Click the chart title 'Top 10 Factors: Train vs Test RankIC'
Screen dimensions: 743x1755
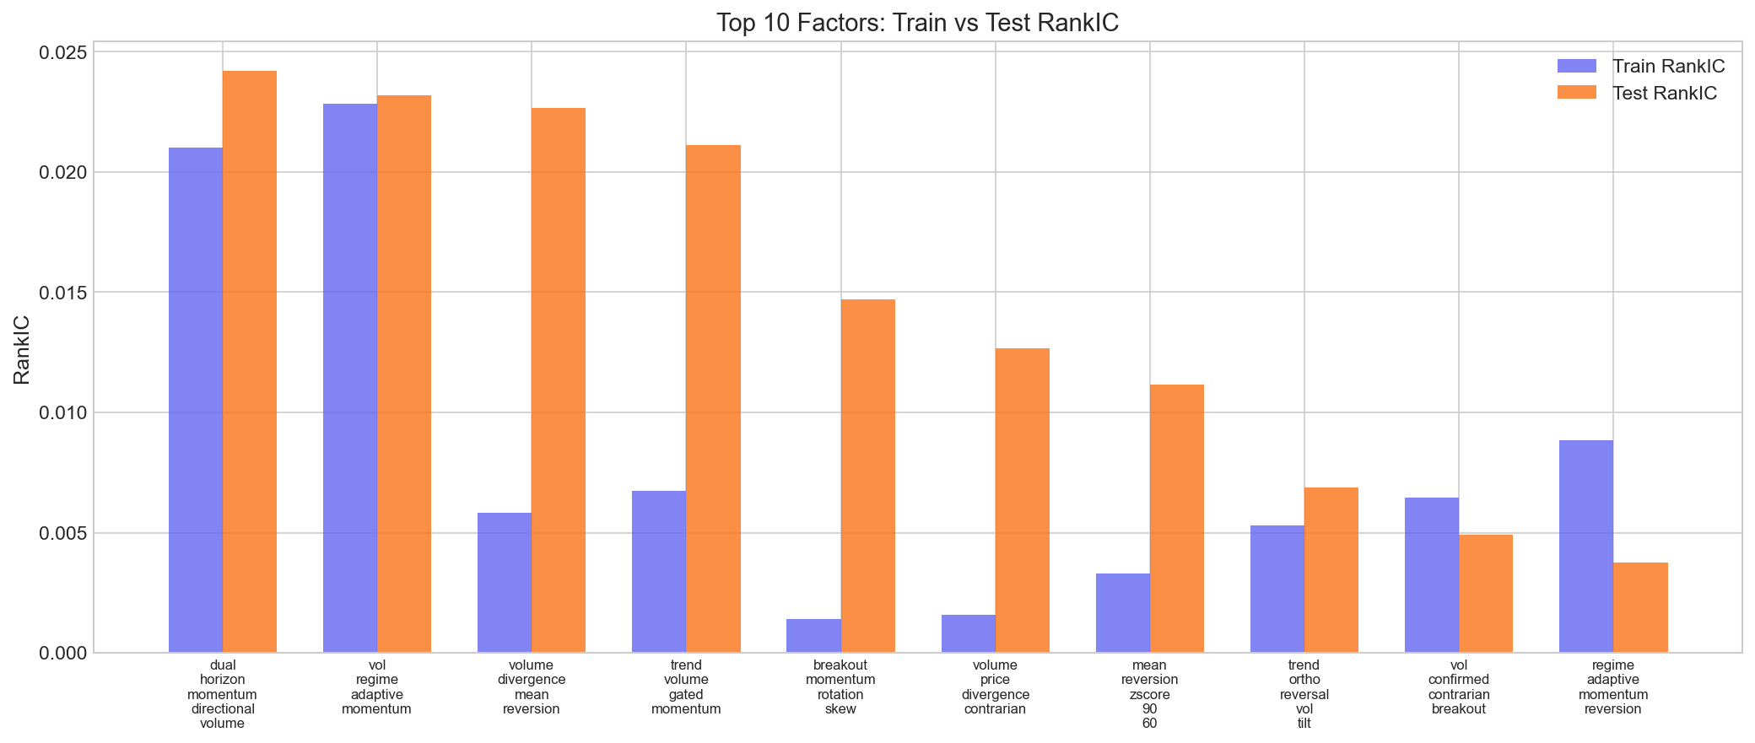(x=917, y=23)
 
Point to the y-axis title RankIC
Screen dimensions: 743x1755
(x=23, y=349)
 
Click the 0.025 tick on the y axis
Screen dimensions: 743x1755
(x=62, y=52)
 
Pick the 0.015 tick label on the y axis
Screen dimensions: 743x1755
(x=62, y=293)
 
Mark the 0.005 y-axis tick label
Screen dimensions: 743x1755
(x=62, y=533)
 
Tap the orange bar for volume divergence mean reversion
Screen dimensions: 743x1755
(x=559, y=380)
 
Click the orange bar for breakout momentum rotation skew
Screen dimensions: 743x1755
(x=868, y=476)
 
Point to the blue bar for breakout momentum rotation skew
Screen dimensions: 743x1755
(x=813, y=636)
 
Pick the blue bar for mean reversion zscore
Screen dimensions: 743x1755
(x=1123, y=613)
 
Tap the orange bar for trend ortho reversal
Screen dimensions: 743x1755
(x=1331, y=570)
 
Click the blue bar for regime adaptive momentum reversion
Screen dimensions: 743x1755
(x=1586, y=546)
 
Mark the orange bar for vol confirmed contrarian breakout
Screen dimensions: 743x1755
(x=1486, y=594)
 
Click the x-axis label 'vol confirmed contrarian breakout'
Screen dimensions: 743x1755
(x=1459, y=687)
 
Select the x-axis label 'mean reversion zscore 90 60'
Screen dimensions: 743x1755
(x=1149, y=694)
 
